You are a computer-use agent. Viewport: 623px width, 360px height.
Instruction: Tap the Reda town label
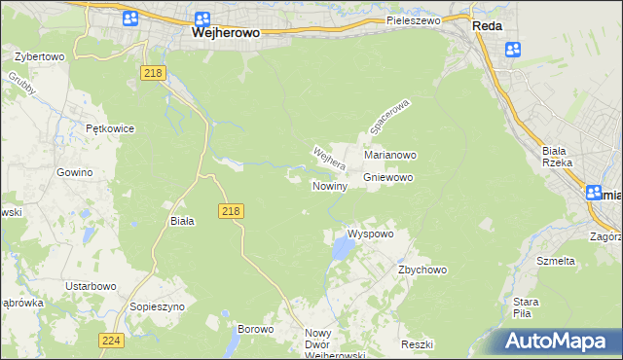(x=487, y=26)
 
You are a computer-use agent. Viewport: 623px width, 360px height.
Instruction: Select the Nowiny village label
(x=330, y=186)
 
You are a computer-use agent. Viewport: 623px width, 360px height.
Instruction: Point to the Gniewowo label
(x=388, y=178)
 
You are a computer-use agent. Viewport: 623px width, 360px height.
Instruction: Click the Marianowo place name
(x=390, y=155)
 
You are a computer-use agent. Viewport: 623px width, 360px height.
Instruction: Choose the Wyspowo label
(x=370, y=234)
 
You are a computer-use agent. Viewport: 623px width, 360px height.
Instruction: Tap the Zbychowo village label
(x=421, y=270)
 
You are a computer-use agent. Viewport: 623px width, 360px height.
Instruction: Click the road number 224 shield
(x=111, y=340)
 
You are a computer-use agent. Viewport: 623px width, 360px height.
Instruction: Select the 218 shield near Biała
(x=230, y=211)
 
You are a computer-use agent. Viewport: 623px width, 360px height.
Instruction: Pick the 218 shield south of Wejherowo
(x=151, y=73)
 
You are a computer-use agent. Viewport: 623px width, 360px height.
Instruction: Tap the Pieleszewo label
(x=413, y=19)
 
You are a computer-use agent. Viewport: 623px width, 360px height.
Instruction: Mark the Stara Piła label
(x=527, y=307)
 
